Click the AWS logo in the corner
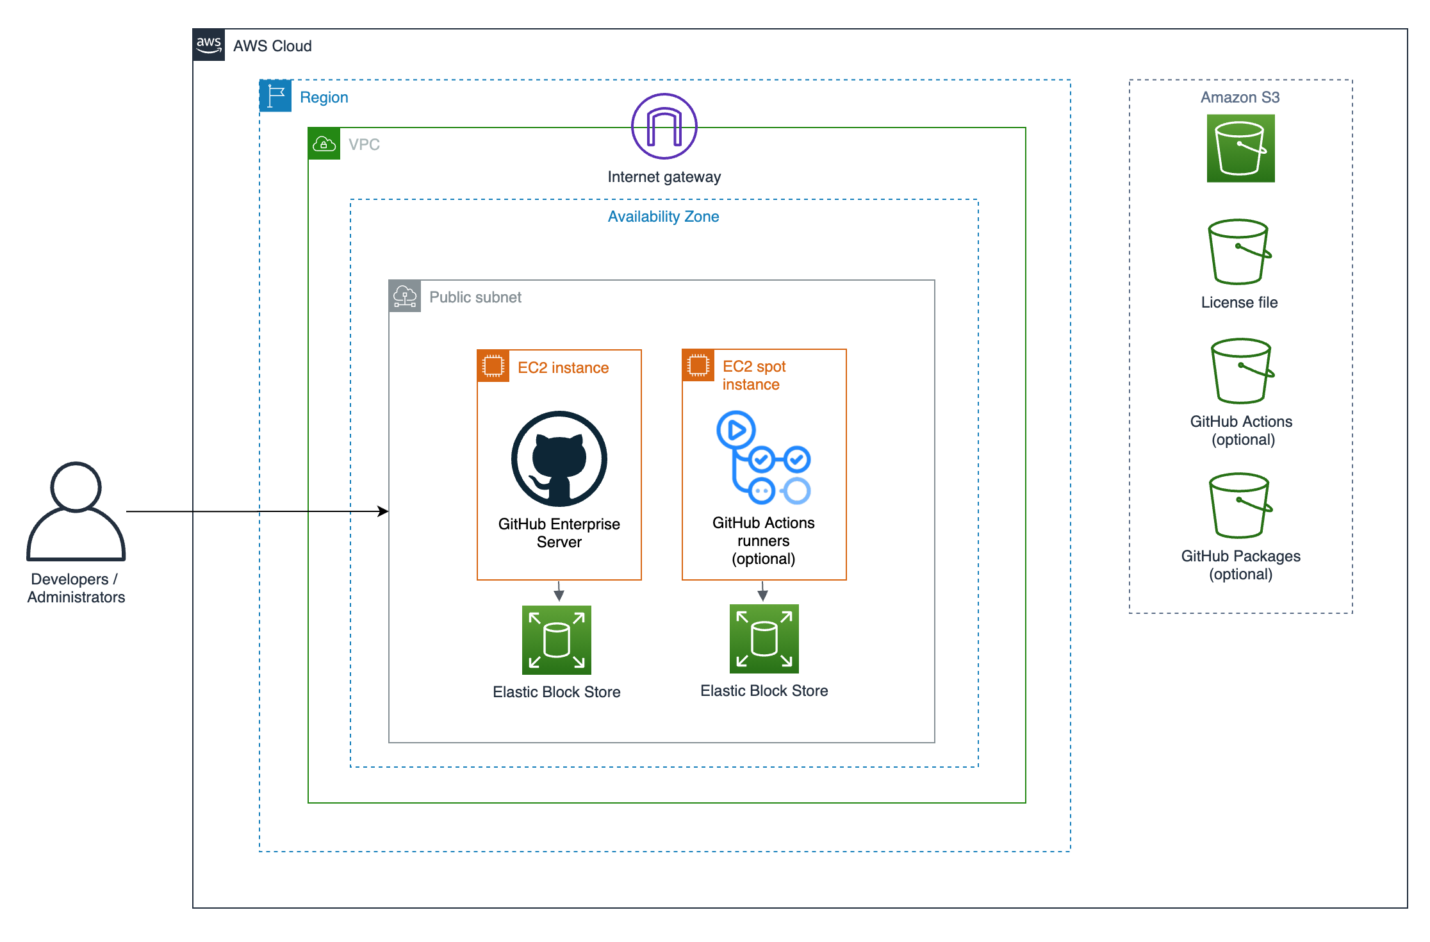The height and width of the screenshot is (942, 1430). (x=209, y=45)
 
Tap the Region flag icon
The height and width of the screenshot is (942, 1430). (x=275, y=96)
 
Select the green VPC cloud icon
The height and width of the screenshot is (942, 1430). (x=324, y=144)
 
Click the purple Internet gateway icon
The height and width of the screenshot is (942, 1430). (x=664, y=126)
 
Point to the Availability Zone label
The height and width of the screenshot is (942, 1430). (x=663, y=217)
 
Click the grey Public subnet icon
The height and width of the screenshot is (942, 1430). (x=405, y=296)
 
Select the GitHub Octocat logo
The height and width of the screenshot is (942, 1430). (x=559, y=459)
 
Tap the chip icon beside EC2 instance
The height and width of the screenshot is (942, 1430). (x=493, y=366)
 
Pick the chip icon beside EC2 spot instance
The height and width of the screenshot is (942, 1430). (x=698, y=365)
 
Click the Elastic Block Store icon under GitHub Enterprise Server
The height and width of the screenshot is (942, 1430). (x=556, y=640)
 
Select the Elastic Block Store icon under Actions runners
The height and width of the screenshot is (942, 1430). (x=764, y=638)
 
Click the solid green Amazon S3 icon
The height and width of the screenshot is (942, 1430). (x=1240, y=149)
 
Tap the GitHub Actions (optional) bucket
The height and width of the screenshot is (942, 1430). (x=1242, y=371)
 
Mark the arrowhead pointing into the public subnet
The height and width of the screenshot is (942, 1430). (x=383, y=511)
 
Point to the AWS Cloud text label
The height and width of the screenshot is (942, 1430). (x=272, y=46)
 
